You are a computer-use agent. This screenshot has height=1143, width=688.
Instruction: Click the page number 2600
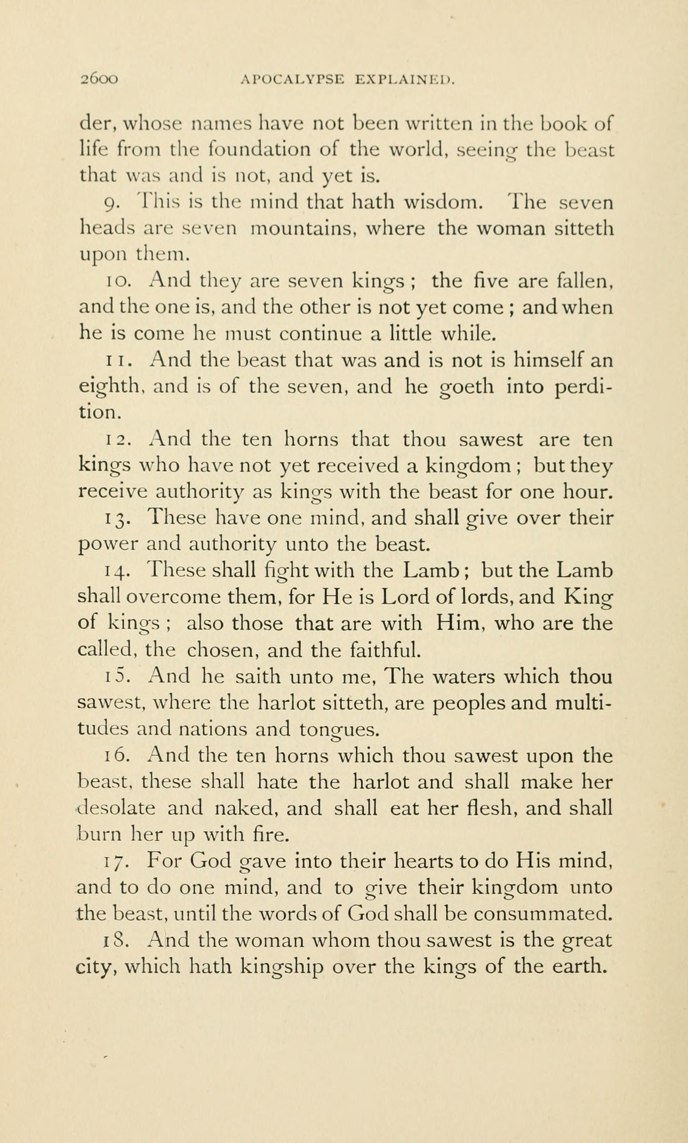[100, 80]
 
